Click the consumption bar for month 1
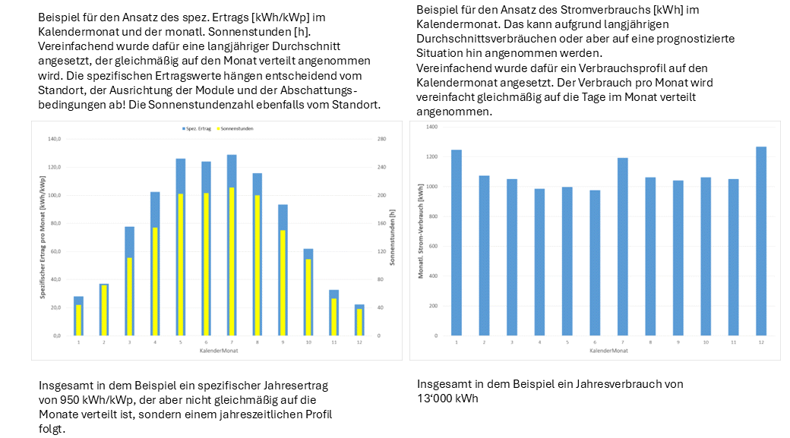click(x=456, y=242)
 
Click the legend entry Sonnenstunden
click(x=239, y=129)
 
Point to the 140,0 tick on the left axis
click(x=54, y=139)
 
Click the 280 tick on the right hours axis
click(x=382, y=139)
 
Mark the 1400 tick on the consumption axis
click(x=432, y=127)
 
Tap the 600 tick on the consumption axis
click(x=433, y=246)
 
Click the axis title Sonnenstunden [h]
click(x=393, y=238)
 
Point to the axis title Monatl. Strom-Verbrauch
click(x=420, y=231)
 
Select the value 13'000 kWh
click(x=447, y=399)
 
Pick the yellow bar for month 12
click(x=359, y=322)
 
